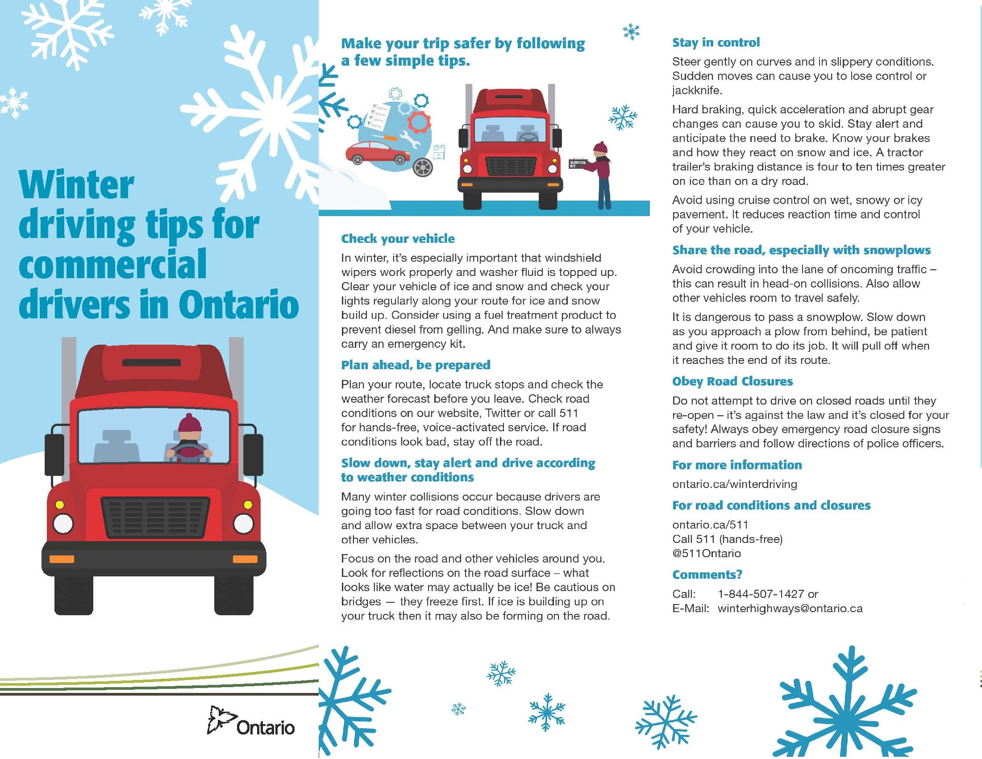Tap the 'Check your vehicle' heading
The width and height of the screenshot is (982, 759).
(x=397, y=239)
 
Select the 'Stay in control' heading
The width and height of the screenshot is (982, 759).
(x=716, y=42)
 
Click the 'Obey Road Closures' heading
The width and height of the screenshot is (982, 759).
(x=732, y=381)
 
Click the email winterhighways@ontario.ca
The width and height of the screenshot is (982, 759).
(x=790, y=609)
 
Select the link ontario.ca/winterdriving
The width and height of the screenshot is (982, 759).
(x=735, y=484)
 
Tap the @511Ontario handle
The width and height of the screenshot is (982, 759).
(x=707, y=554)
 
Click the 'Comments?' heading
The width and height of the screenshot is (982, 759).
(x=707, y=575)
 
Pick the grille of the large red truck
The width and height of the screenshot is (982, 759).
(x=156, y=517)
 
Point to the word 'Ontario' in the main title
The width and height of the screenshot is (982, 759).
(x=239, y=304)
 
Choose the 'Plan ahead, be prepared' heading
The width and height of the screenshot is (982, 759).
(x=416, y=365)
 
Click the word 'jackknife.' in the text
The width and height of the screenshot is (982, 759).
(x=697, y=91)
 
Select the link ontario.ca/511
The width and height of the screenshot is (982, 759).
(x=711, y=525)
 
